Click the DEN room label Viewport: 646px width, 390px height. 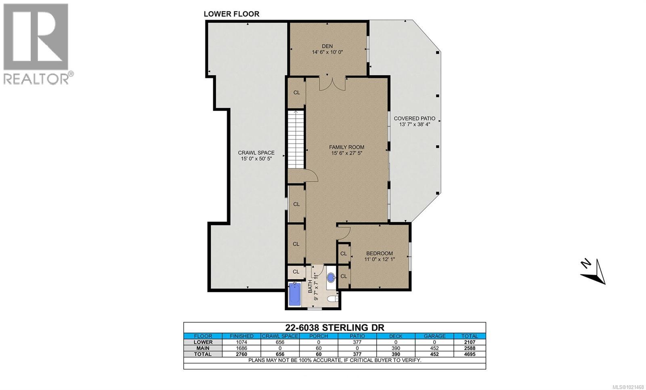coord(327,46)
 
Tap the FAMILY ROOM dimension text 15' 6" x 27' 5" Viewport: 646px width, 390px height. coord(346,153)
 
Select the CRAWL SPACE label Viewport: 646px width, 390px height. coord(256,153)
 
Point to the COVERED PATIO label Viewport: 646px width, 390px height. coord(415,118)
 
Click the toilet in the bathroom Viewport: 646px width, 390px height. coord(332,299)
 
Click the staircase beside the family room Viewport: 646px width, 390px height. coord(296,139)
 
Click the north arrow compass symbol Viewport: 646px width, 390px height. coord(594,272)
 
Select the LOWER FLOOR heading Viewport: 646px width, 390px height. coord(231,14)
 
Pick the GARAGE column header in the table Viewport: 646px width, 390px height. coord(435,336)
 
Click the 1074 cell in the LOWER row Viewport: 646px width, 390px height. coord(242,342)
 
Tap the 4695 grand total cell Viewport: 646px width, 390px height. coord(470,354)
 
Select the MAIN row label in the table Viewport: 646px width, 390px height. coord(203,348)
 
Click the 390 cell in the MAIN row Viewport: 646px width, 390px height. coord(396,348)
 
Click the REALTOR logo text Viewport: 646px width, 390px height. coord(36,78)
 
